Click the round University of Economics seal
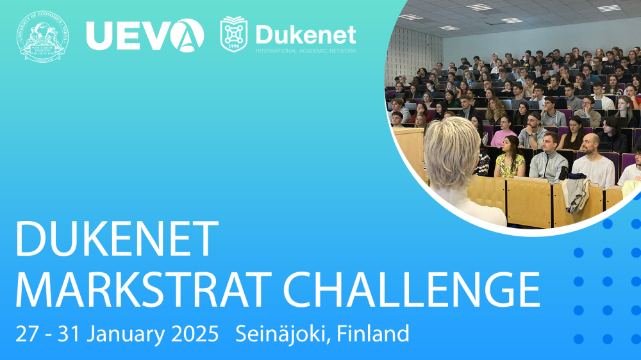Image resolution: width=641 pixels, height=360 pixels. (43, 36)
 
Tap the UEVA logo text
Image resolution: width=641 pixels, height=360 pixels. (145, 35)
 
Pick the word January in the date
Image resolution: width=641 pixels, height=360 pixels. (124, 334)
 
